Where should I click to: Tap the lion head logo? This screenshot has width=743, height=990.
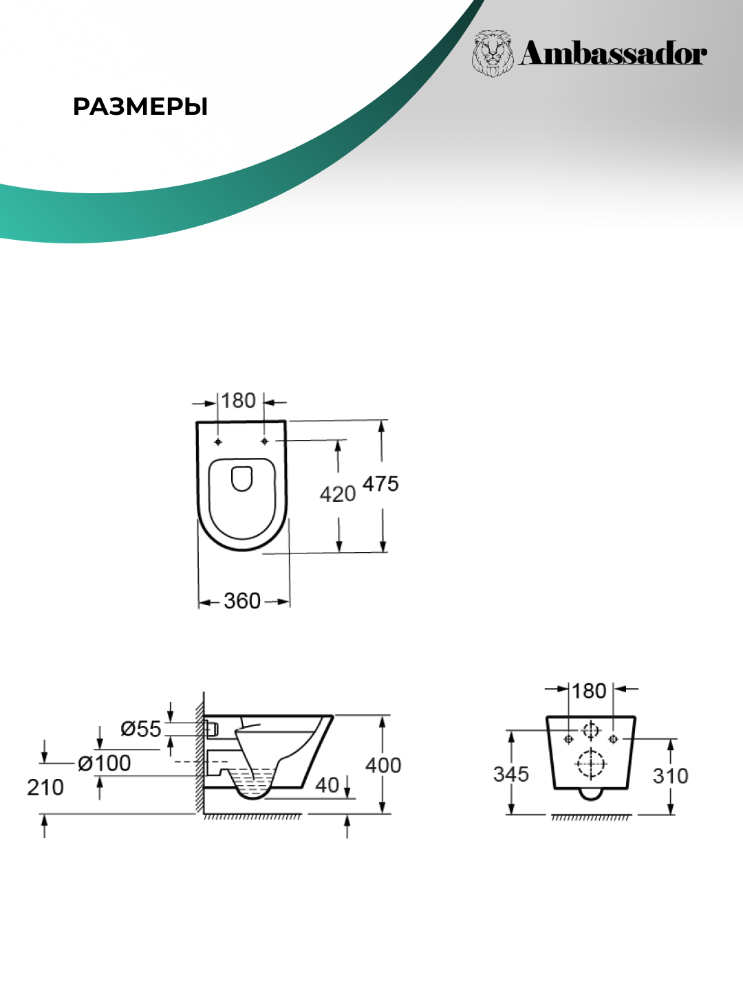tap(493, 53)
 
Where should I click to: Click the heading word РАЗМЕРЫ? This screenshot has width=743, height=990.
tap(140, 107)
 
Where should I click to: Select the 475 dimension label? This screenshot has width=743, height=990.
tap(380, 485)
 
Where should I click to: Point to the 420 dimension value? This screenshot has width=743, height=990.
tap(337, 495)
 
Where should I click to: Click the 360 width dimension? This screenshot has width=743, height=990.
tap(242, 601)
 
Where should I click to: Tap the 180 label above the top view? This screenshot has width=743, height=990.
tap(238, 401)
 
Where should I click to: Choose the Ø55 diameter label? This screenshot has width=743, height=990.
tap(141, 729)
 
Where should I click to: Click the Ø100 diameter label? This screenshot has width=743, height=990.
tap(104, 764)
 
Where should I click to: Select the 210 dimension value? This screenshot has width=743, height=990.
tap(45, 788)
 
